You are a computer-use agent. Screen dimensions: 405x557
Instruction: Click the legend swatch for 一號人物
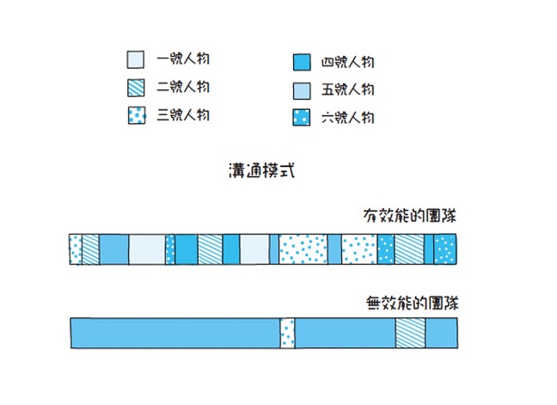(136, 60)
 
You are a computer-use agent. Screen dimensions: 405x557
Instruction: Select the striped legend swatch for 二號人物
(136, 88)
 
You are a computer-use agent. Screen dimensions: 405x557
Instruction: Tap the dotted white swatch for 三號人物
(136, 115)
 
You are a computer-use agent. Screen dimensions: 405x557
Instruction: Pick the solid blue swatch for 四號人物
(301, 63)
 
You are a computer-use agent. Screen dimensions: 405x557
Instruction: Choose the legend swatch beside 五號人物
(301, 90)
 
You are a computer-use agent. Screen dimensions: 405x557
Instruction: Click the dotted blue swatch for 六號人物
(301, 118)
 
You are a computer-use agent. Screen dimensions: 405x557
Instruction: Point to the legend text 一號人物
(183, 59)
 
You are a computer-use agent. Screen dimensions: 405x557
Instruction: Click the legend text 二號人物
(183, 87)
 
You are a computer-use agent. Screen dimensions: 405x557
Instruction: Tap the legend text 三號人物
(183, 114)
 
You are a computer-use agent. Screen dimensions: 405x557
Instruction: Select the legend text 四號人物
(347, 62)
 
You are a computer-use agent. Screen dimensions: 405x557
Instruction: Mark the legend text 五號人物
(347, 89)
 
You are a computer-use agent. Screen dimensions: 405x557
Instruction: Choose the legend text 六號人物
(347, 117)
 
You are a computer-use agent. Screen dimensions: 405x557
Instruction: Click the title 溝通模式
(258, 170)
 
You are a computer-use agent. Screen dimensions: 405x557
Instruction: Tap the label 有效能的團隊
(409, 216)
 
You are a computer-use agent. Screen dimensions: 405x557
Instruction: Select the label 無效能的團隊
(409, 303)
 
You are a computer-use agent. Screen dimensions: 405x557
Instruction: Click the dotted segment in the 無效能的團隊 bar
(287, 334)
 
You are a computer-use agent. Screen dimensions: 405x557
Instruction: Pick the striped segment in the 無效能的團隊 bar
(410, 334)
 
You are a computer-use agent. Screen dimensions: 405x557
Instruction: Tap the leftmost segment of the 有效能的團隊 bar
(75, 249)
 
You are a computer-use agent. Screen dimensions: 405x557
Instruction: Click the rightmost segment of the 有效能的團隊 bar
(445, 249)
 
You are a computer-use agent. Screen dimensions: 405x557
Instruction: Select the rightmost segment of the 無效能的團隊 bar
(442, 334)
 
